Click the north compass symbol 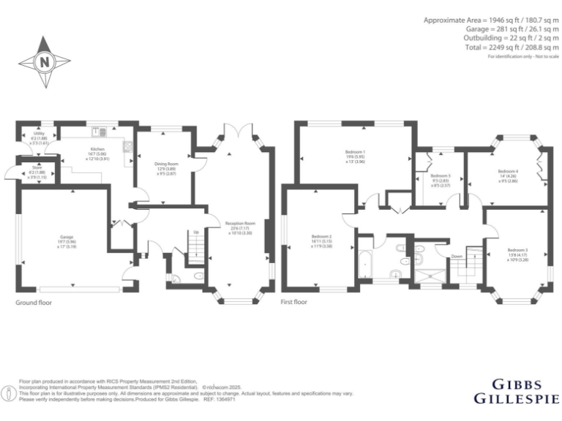(44, 61)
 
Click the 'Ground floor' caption (34, 301)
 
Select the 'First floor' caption (293, 301)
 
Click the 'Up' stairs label (195, 232)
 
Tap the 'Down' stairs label (457, 257)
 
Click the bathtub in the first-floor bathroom (365, 261)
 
